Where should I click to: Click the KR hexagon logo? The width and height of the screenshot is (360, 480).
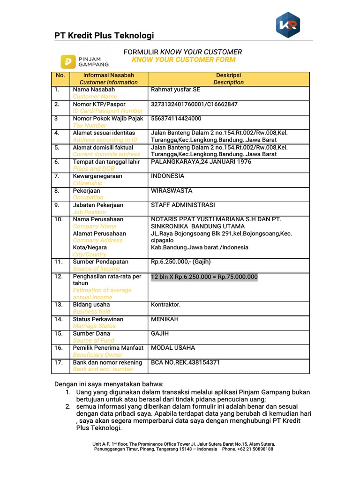click(x=288, y=25)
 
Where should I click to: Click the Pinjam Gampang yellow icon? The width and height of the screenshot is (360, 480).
click(x=68, y=61)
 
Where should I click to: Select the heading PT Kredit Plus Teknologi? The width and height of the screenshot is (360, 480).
click(x=104, y=36)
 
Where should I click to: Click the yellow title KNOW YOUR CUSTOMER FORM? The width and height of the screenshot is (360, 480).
click(x=183, y=60)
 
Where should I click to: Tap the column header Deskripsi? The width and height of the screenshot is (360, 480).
click(x=228, y=75)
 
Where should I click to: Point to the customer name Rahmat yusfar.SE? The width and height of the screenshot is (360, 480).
click(x=175, y=90)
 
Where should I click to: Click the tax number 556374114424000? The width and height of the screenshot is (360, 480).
click(x=176, y=119)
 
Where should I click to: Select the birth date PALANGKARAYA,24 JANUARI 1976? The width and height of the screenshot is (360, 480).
click(x=201, y=162)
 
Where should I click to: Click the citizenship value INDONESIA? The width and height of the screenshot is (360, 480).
click(x=167, y=176)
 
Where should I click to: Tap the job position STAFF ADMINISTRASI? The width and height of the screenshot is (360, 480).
click(x=183, y=205)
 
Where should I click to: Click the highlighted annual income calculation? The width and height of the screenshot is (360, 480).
click(x=204, y=277)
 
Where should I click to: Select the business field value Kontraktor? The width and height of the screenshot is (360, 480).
click(x=165, y=305)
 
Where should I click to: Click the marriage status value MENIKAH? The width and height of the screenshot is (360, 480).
click(x=165, y=319)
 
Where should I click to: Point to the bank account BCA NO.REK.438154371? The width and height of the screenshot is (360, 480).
click(x=185, y=362)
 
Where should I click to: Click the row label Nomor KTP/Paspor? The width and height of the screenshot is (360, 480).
click(x=99, y=104)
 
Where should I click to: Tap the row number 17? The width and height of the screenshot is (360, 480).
click(x=58, y=362)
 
